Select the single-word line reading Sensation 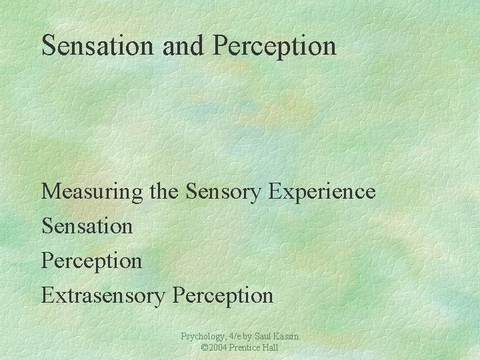87,226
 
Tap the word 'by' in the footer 249,337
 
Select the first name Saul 264,337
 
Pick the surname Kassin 287,337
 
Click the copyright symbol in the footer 204,348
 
